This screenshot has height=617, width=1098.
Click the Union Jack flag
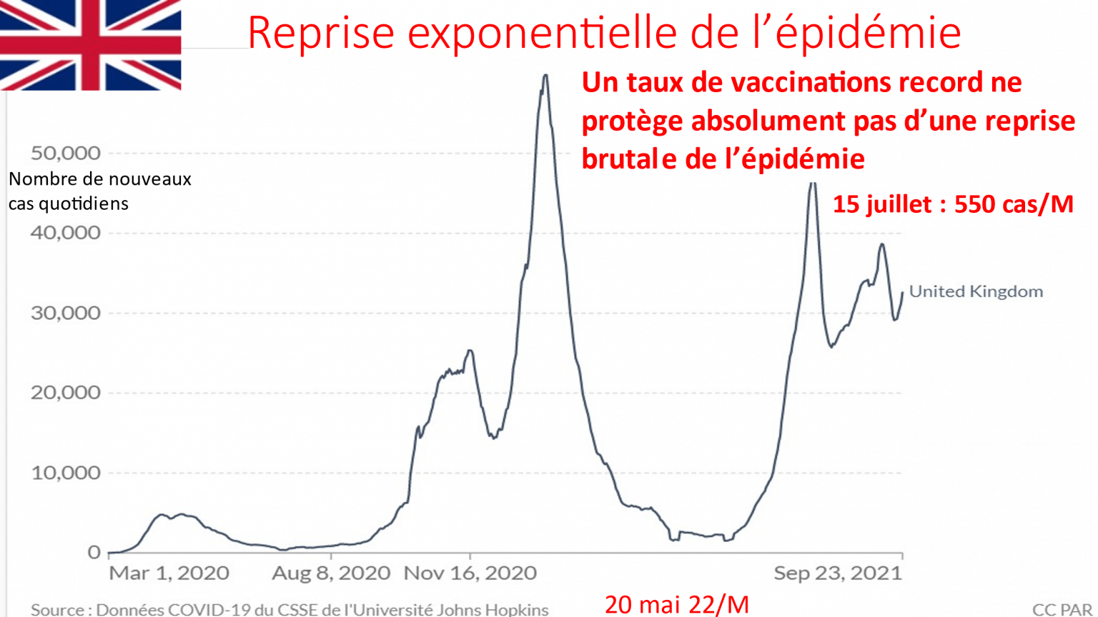(91, 44)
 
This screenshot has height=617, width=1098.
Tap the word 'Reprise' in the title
(321, 33)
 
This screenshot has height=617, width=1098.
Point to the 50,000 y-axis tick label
(65, 153)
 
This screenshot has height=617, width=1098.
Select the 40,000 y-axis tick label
(65, 233)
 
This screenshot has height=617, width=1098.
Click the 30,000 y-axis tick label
(65, 313)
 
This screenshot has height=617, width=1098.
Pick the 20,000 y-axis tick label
(65, 393)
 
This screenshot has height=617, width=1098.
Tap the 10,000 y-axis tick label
(65, 473)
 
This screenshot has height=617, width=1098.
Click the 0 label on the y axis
(94, 553)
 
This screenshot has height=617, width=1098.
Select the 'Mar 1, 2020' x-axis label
(169, 573)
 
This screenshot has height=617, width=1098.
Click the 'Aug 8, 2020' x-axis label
(331, 573)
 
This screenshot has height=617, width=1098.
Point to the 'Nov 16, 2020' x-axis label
(470, 573)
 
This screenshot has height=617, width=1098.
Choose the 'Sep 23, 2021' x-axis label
(838, 573)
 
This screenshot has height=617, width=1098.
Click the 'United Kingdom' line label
(976, 291)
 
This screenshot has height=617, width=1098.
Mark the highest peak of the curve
(545, 76)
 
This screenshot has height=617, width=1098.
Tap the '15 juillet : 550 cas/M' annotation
(953, 205)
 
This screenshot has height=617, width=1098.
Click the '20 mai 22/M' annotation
(677, 605)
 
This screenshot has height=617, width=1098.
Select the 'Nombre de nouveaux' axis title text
(100, 179)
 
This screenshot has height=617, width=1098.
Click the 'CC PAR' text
(1062, 610)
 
